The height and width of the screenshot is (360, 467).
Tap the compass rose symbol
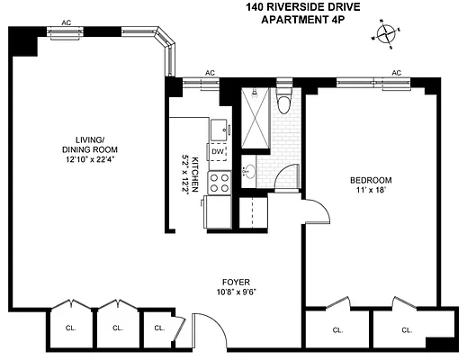pyautogui.click(x=387, y=34)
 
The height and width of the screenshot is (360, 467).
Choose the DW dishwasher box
pyautogui.click(x=217, y=152)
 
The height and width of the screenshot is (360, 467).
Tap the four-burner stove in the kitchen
pyautogui.click(x=219, y=183)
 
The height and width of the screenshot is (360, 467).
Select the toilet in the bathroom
pyautogui.click(x=284, y=101)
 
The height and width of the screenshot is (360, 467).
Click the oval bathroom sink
pyautogui.click(x=249, y=170)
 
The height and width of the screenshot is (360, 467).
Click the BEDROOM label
pyautogui.click(x=372, y=180)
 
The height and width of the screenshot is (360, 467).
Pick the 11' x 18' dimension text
pyautogui.click(x=372, y=192)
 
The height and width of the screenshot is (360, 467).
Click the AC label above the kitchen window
pyautogui.click(x=210, y=74)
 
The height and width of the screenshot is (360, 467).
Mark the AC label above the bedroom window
pyautogui.click(x=395, y=74)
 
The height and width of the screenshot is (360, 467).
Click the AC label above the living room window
pyautogui.click(x=66, y=22)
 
